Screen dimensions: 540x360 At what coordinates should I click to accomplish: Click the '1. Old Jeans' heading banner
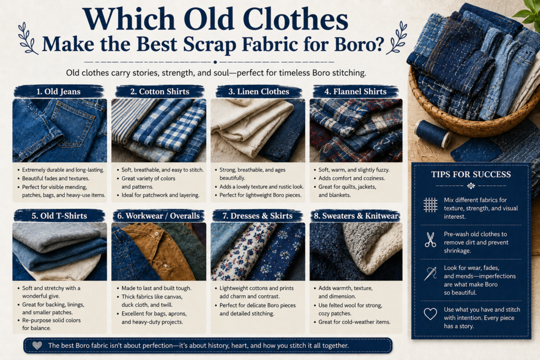[x=59, y=92]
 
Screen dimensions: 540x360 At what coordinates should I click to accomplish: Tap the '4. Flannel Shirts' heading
[x=355, y=92]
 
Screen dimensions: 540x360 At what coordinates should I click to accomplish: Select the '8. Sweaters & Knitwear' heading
[x=356, y=216]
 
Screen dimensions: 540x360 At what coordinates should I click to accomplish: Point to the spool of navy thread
[x=432, y=133]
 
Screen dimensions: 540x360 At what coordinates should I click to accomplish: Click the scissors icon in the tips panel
[x=430, y=240]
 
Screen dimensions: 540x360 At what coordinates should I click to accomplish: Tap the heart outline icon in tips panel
[x=430, y=314]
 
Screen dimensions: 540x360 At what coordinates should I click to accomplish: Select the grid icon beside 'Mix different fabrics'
[x=430, y=205]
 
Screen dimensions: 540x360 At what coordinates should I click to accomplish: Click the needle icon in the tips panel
[x=430, y=274]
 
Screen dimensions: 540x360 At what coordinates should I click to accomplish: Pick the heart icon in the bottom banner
[x=37, y=345]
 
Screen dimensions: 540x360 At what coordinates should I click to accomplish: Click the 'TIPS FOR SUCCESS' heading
[x=471, y=174]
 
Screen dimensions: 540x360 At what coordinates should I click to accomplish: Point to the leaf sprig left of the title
[x=27, y=38]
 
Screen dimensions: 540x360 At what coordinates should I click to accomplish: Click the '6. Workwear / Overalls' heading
[x=158, y=216]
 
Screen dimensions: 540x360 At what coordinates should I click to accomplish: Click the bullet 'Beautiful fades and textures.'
[x=55, y=178]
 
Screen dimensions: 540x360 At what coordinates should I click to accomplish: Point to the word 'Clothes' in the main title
[x=296, y=19]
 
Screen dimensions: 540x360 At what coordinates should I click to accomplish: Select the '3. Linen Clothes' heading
[x=258, y=92]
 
